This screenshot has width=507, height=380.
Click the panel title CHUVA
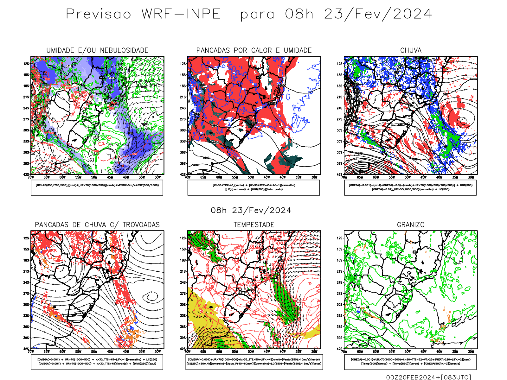point(411,50)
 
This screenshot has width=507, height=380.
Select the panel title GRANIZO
point(411,225)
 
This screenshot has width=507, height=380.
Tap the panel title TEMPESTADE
point(254,225)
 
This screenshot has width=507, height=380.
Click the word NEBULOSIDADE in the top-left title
point(124,50)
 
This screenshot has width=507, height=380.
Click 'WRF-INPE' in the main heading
point(181,14)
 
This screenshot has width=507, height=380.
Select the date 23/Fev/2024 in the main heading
point(378,14)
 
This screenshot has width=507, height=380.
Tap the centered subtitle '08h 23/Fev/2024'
point(251,210)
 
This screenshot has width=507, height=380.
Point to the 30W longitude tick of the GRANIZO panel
point(471,351)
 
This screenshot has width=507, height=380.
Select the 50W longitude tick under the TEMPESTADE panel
point(251,351)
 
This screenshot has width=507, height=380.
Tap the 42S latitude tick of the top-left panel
point(26,174)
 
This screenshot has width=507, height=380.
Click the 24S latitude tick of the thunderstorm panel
point(26,282)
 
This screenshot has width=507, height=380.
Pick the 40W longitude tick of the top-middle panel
point(282,177)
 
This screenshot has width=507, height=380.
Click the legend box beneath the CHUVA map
point(410,187)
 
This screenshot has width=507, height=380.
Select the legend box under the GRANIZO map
point(410,362)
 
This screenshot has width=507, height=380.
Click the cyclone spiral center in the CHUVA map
point(463,120)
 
